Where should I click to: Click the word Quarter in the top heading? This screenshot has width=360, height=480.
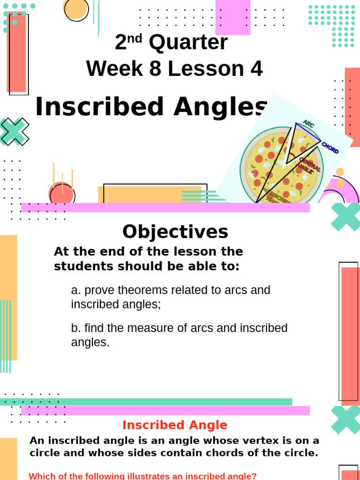coord(188,43)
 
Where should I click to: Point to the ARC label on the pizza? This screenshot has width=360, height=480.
coord(308,124)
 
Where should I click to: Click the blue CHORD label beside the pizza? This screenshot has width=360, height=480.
coord(330,148)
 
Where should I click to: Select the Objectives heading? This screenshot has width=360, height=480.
coord(175,232)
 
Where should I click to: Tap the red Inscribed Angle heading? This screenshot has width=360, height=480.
coord(175,425)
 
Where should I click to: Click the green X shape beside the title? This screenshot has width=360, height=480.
coord(14,132)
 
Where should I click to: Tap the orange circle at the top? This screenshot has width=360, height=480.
coord(76,9)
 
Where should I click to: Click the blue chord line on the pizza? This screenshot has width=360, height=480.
coord(308,132)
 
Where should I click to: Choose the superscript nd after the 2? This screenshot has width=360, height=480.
coord(135,38)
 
